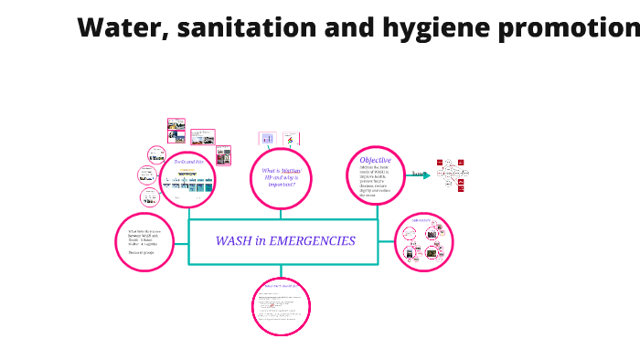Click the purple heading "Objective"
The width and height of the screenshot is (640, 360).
click(375, 161)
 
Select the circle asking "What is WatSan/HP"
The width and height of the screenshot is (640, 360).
click(282, 177)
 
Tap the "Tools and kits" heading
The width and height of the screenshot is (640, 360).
click(187, 161)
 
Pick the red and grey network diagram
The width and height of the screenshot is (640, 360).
click(452, 174)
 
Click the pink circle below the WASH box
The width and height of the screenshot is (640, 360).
click(282, 307)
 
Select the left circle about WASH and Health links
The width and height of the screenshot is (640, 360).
click(144, 242)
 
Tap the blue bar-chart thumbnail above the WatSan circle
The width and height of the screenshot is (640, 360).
click(267, 139)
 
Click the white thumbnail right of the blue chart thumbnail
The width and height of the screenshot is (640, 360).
click(291, 139)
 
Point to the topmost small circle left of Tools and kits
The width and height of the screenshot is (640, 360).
click(156, 154)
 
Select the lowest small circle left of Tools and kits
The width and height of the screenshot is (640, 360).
click(148, 196)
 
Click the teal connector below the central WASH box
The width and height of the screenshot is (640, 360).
click(282, 270)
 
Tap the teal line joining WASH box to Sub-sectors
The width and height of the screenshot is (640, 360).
click(386, 242)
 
